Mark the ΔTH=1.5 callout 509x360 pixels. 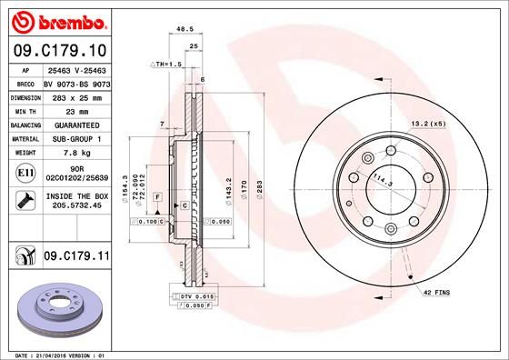166,66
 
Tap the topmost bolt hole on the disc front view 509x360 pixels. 391,152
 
